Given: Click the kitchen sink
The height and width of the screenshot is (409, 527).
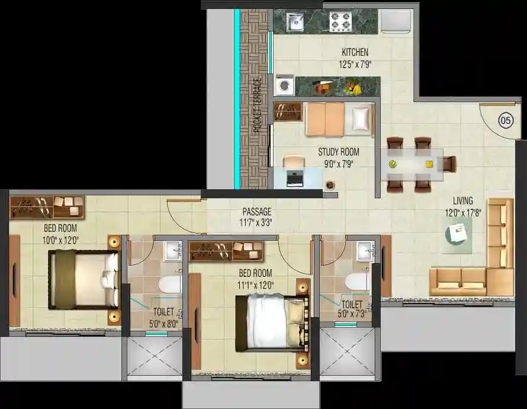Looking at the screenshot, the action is coord(295,23).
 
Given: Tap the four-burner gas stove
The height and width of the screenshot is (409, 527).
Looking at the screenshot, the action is coord(340,21).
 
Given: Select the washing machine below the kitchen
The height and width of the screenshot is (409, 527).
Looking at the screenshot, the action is coord(284,85).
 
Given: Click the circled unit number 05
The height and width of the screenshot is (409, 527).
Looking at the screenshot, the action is coord(506,120).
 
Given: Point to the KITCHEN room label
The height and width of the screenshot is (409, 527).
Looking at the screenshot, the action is coord(355,52).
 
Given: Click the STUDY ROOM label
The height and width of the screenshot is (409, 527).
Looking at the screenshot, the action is coord(339,152).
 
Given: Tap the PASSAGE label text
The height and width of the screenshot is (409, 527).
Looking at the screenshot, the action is coord(257,212).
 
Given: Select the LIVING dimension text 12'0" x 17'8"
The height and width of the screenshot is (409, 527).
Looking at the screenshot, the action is coord(463,213).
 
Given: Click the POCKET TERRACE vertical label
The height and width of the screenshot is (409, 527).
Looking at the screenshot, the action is coord(258,106).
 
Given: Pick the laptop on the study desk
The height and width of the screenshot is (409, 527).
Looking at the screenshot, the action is coord(295,179).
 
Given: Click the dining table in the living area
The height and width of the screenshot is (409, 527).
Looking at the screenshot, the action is coord(412,165).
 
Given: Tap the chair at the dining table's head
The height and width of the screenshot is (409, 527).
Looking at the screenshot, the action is coord(449,164).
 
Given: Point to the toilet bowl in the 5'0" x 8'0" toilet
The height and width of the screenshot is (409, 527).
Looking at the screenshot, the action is coord(170,285).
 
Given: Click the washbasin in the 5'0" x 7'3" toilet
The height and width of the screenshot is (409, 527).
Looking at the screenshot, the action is coord(365,251).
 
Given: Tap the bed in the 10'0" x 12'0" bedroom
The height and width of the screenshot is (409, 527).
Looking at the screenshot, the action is coord(83,280).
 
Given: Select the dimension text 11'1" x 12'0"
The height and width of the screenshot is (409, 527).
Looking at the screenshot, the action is coord(255,286).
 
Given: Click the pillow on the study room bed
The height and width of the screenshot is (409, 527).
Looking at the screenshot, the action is coord(360,118).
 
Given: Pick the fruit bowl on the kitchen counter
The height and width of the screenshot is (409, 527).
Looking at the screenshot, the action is coord(352,87).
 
